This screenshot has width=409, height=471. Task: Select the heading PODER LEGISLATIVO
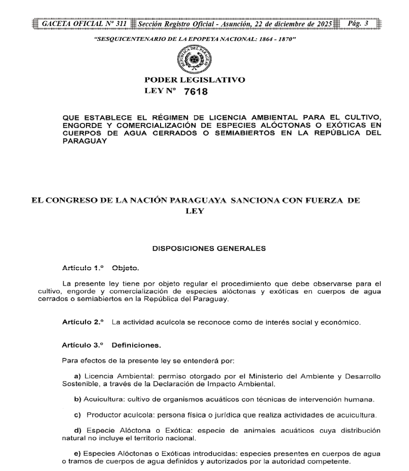[x=204, y=80]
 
